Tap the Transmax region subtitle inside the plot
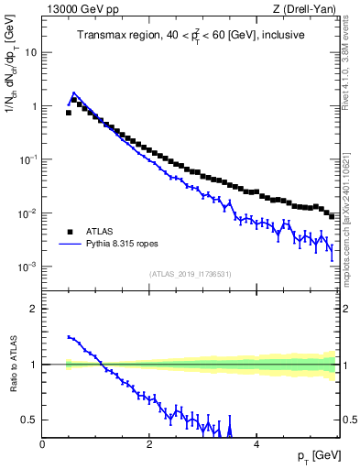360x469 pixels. [191, 36]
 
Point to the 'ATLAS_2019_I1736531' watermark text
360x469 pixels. [190, 274]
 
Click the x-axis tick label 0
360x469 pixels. [42, 444]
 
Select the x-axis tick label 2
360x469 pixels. [148, 444]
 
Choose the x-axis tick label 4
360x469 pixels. [256, 444]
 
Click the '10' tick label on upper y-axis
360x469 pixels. [30, 52]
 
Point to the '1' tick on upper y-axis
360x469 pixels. [34, 106]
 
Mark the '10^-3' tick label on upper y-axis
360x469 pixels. [27, 267]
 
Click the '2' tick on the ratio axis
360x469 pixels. [34, 309]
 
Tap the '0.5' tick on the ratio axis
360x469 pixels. [29, 420]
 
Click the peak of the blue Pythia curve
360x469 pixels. [74, 93]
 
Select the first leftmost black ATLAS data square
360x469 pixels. [69, 113]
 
